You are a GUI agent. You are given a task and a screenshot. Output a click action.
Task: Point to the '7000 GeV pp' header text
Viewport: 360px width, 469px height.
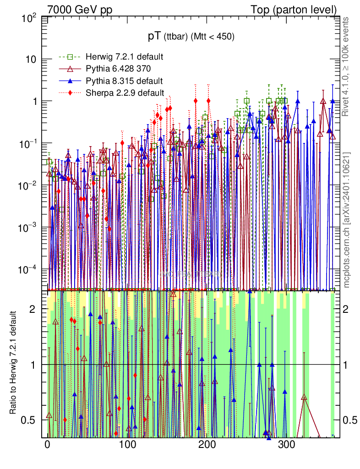tap(80, 10)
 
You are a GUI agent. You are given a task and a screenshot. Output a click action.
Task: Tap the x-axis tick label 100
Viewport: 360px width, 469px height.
tap(127, 444)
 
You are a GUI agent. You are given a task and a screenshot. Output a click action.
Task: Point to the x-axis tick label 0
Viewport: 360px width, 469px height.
tap(48, 444)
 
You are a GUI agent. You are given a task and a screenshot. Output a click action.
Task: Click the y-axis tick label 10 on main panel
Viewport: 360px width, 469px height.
tap(31, 60)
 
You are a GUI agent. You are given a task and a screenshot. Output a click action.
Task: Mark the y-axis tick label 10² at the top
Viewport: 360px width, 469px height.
tap(29, 19)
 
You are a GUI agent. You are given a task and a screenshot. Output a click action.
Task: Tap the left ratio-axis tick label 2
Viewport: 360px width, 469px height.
tap(33, 309)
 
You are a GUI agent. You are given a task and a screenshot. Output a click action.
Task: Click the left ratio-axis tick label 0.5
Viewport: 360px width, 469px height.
tap(29, 420)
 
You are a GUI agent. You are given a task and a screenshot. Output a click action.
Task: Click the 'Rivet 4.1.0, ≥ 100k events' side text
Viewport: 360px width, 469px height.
tap(347, 66)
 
